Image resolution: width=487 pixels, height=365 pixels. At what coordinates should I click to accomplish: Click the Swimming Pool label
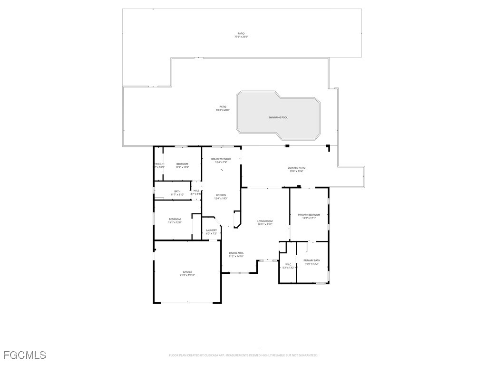(x=278, y=117)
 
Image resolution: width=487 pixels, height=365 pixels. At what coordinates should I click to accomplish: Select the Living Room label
(x=265, y=221)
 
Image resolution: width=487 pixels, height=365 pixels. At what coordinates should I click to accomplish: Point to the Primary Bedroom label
(x=309, y=215)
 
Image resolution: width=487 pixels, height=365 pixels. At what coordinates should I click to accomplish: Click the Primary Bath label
(x=312, y=260)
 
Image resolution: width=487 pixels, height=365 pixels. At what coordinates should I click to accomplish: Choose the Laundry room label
(x=211, y=231)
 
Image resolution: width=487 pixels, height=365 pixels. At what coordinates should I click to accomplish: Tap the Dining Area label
(x=236, y=253)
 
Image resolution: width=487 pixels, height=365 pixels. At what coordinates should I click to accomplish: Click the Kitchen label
(x=221, y=195)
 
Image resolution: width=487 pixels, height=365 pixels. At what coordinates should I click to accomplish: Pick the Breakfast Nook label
(x=221, y=159)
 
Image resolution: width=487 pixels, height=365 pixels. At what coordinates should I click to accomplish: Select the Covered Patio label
(x=296, y=168)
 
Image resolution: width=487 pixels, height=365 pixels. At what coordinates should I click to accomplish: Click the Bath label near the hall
(x=177, y=191)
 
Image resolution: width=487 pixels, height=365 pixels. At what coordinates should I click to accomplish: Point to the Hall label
(x=196, y=191)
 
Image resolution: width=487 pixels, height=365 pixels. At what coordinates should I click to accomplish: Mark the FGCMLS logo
(x=25, y=355)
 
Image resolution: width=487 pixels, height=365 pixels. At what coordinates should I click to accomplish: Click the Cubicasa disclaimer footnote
(x=243, y=355)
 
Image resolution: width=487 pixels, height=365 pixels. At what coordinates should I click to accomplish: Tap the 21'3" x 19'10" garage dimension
(x=187, y=275)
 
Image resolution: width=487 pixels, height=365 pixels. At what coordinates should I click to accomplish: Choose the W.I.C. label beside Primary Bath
(x=288, y=264)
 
